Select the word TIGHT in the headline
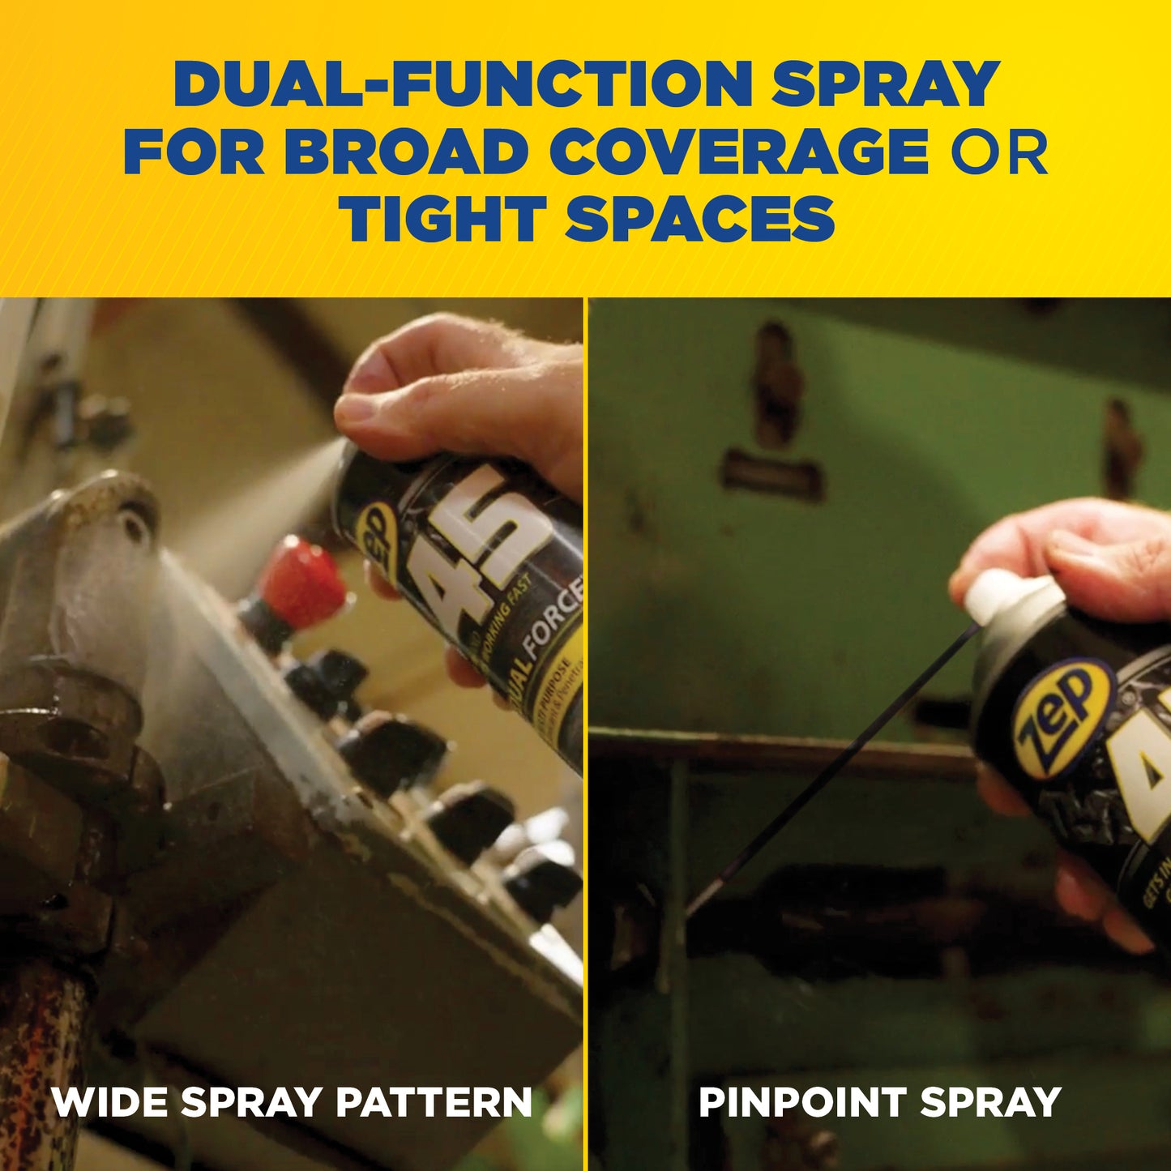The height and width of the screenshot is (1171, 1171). point(442,219)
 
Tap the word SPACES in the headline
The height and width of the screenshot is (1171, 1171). point(700,219)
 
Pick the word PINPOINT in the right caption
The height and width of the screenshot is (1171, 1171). point(802,1102)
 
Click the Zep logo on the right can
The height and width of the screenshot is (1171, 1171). point(1062,717)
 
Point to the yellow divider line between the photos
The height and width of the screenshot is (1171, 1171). point(585,729)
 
